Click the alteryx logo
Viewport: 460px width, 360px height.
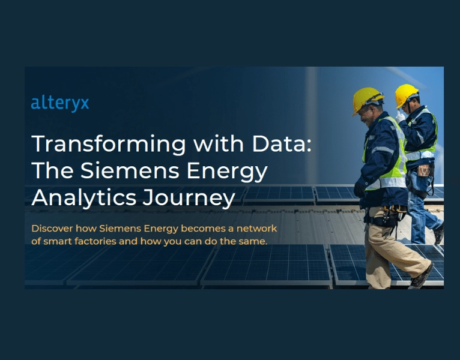60,103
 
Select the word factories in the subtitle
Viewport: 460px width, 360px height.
97,241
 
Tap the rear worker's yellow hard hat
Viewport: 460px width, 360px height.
406,94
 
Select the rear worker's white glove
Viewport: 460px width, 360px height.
400,116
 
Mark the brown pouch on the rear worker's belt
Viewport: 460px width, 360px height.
425,170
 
